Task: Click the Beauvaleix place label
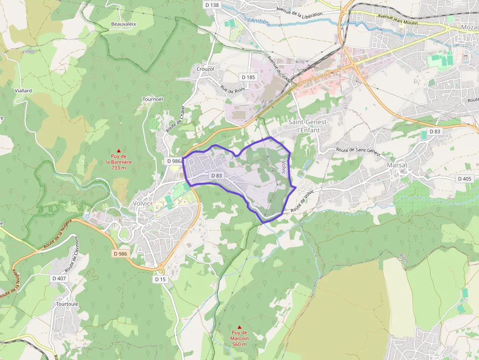[123, 23]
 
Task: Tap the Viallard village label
[23, 91]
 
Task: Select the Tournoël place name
[152, 99]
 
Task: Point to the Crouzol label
[205, 69]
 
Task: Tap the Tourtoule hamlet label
[67, 303]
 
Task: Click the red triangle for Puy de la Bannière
[118, 150]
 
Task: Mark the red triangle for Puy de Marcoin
[239, 327]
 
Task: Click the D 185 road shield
[248, 77]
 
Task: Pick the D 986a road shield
[174, 161]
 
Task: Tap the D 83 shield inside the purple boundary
[217, 175]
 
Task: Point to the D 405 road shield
[464, 179]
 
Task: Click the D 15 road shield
[160, 279]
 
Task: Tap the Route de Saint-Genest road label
[358, 151]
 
